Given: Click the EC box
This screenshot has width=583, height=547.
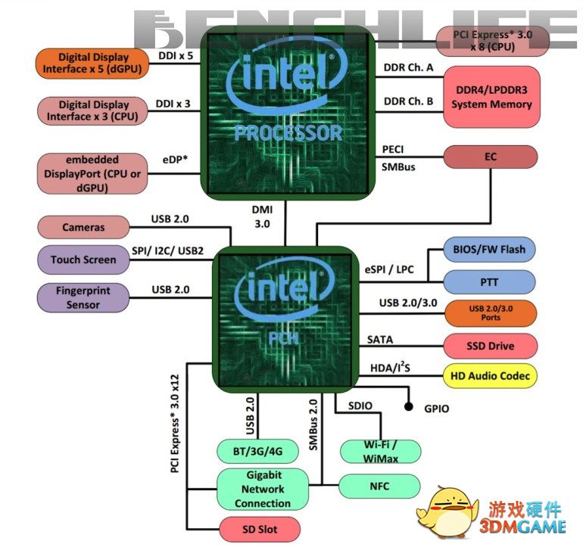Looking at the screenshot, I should (490, 157).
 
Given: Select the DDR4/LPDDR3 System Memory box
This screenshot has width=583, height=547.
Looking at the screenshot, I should (491, 97).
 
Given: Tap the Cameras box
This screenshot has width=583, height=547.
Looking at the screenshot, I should (83, 227).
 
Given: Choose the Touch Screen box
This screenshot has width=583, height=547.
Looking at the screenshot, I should (83, 260).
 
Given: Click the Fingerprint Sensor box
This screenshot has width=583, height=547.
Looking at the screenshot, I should (83, 297).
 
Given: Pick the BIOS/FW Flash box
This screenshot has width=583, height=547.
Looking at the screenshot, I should (489, 249).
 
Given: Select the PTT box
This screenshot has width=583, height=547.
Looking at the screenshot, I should (489, 281).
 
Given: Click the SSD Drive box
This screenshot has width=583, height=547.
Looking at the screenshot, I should (490, 346).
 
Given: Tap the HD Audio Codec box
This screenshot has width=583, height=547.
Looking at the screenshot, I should (490, 375).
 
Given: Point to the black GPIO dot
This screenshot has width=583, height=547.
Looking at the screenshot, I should (409, 407).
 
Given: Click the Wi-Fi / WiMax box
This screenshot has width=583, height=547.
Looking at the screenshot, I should (380, 451).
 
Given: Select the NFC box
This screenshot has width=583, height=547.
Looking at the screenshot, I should (379, 486).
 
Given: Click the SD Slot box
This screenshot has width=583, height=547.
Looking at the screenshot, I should (260, 527).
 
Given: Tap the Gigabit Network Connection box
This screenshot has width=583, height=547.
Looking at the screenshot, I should (263, 490).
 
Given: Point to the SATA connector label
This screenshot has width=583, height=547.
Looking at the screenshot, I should (380, 340).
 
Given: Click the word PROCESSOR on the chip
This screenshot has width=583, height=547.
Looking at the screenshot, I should (288, 134).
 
